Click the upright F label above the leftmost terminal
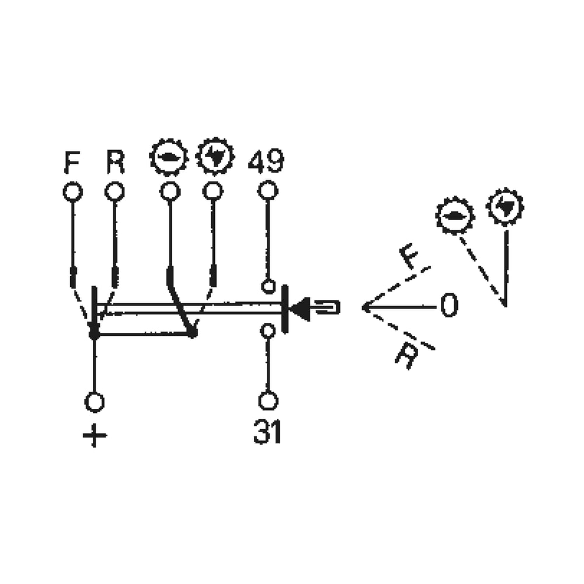click(72, 163)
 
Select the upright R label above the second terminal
click(115, 163)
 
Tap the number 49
click(266, 162)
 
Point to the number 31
click(267, 433)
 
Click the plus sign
click(95, 436)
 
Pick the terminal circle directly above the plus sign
click(94, 402)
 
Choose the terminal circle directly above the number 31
click(267, 401)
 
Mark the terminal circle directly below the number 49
click(267, 190)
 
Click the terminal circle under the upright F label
click(72, 192)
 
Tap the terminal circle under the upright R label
click(114, 191)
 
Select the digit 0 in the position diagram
click(449, 306)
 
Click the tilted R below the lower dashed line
click(406, 355)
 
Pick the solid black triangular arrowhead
click(301, 308)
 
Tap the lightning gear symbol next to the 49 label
click(215, 157)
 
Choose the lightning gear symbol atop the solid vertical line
click(505, 206)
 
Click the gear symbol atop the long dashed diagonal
click(455, 215)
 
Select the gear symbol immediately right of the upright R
click(169, 157)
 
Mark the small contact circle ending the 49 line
click(267, 286)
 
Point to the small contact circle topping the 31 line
click(267, 331)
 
